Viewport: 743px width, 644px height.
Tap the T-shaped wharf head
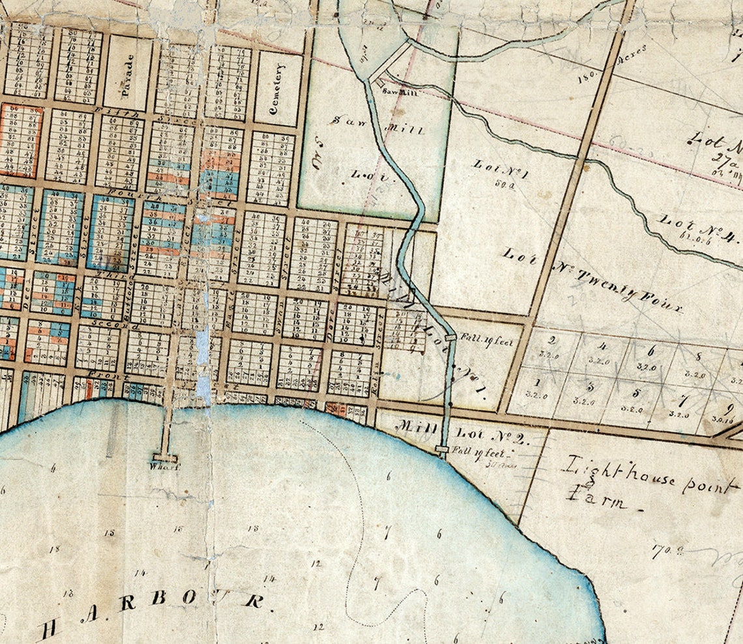(164, 457)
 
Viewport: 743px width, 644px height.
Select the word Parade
(128, 74)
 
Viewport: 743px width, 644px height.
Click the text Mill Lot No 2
(462, 432)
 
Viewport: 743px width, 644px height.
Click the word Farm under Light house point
(596, 501)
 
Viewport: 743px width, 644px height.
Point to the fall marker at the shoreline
(443, 449)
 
